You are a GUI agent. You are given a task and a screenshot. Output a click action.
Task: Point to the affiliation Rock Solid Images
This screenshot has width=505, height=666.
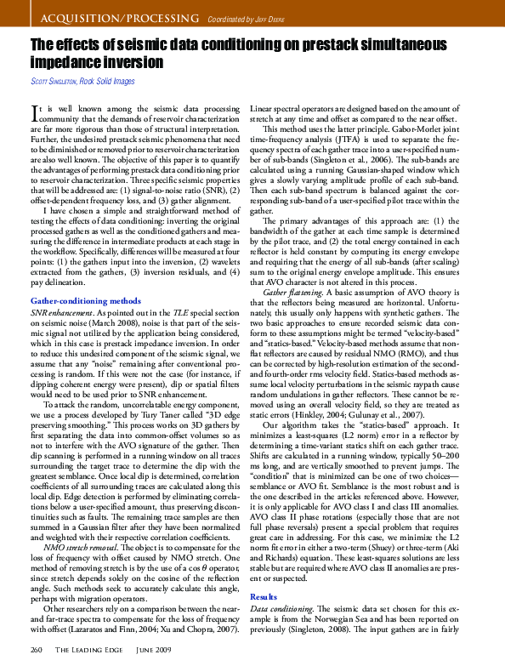click(x=106, y=82)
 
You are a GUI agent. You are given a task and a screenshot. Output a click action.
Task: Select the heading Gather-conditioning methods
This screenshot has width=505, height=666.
click(x=85, y=301)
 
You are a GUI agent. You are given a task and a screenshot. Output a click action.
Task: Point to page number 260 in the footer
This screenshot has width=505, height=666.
click(x=36, y=651)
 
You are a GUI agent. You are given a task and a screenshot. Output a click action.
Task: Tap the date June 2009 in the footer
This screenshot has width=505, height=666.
click(x=156, y=651)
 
